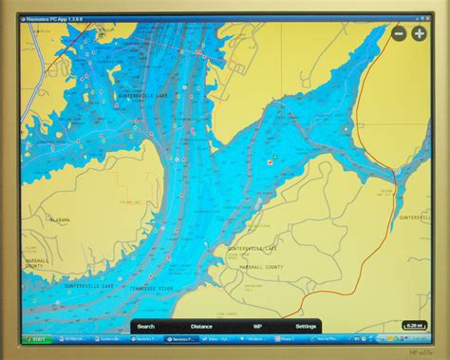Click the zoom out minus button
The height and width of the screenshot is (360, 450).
(x=399, y=33)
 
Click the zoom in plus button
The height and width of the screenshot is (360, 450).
(x=419, y=33)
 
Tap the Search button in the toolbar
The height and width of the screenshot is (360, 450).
(x=145, y=326)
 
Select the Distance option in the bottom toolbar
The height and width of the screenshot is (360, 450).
(x=201, y=326)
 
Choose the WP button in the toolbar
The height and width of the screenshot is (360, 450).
(x=256, y=326)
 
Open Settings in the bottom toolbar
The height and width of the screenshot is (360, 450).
(x=306, y=326)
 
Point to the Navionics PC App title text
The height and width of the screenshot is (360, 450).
(x=53, y=16)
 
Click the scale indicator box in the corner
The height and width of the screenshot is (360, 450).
(x=414, y=325)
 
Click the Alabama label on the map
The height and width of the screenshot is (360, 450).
(x=59, y=219)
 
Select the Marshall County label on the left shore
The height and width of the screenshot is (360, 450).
(x=35, y=261)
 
